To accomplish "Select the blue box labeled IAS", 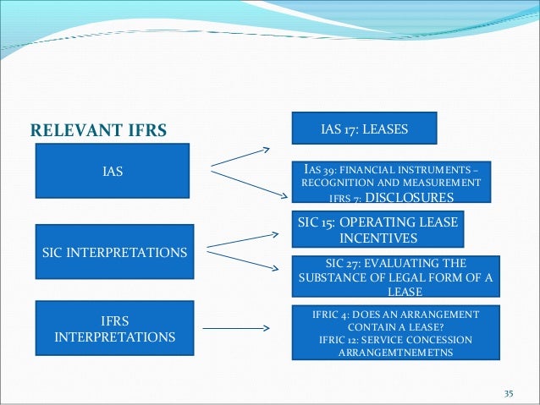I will pyautogui.click(x=113, y=172).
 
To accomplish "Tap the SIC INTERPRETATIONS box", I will pyautogui.click(x=113, y=253).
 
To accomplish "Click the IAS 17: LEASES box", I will pyautogui.click(x=364, y=130).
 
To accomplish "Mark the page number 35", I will pyautogui.click(x=509, y=394).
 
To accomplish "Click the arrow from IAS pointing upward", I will pyautogui.click(x=240, y=158).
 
